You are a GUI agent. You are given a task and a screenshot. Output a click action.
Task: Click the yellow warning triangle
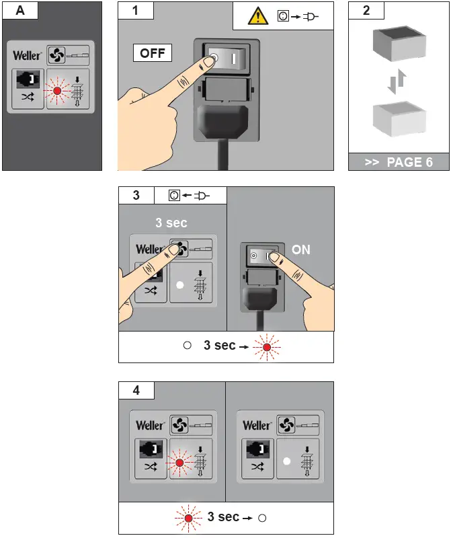(x=258, y=16)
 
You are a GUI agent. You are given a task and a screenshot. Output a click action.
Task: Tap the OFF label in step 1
(x=153, y=53)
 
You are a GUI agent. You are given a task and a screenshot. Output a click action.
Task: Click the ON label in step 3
(x=301, y=249)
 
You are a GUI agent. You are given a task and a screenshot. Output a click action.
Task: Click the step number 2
(x=366, y=10)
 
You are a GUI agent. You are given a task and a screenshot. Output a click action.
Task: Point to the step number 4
(x=136, y=390)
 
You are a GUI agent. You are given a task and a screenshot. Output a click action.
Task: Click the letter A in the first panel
(x=20, y=10)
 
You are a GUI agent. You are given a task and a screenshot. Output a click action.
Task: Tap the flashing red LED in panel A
(x=57, y=91)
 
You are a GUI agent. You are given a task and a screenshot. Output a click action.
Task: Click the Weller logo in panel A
(x=28, y=55)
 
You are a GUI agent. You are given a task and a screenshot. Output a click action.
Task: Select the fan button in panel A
(x=56, y=55)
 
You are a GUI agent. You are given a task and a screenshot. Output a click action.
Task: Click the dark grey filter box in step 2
(x=399, y=43)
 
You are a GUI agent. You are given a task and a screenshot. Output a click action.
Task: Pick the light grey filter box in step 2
(x=399, y=118)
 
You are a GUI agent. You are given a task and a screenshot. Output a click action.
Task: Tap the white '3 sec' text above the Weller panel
(x=171, y=223)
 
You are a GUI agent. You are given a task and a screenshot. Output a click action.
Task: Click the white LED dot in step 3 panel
(x=179, y=284)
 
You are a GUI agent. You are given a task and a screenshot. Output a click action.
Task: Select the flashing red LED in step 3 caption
(x=267, y=347)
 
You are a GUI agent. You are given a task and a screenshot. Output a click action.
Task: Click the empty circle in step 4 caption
(x=262, y=518)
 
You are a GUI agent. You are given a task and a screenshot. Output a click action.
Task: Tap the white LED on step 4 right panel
(x=287, y=461)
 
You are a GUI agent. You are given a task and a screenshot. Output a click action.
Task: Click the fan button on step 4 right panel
(x=287, y=425)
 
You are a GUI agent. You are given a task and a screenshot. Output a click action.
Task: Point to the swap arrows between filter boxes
(x=397, y=81)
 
